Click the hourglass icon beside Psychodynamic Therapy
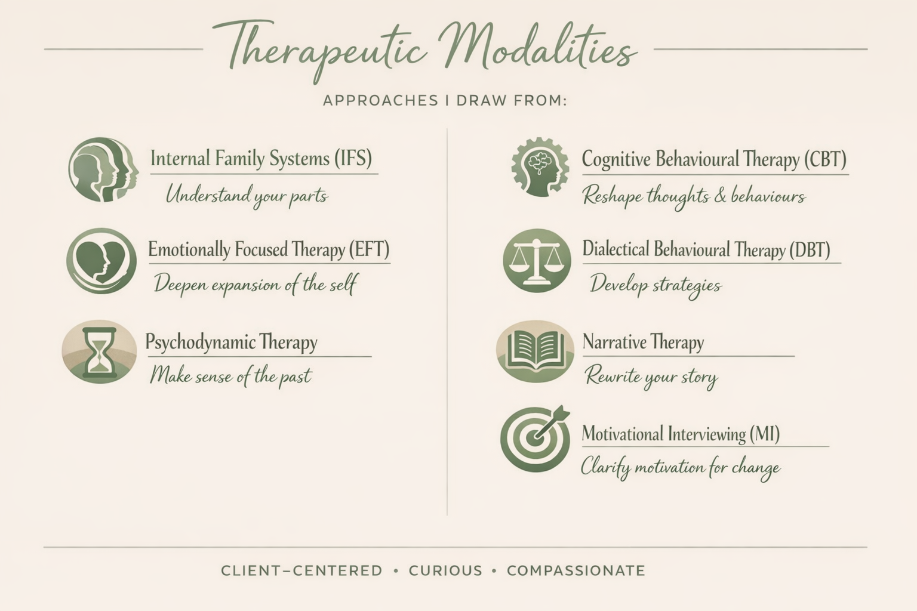point(99,352)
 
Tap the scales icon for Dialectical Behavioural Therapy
point(537,261)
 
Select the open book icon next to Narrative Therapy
point(535,351)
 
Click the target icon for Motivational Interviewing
point(535,439)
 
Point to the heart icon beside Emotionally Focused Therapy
point(101,261)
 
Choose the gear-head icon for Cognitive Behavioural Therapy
point(540,167)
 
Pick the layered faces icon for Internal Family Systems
point(103,169)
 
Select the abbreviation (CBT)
point(824,159)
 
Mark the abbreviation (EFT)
point(368,249)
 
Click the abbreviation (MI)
point(764,434)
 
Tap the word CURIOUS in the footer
point(445,570)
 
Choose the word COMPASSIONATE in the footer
point(576,570)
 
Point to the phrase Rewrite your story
point(651,377)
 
